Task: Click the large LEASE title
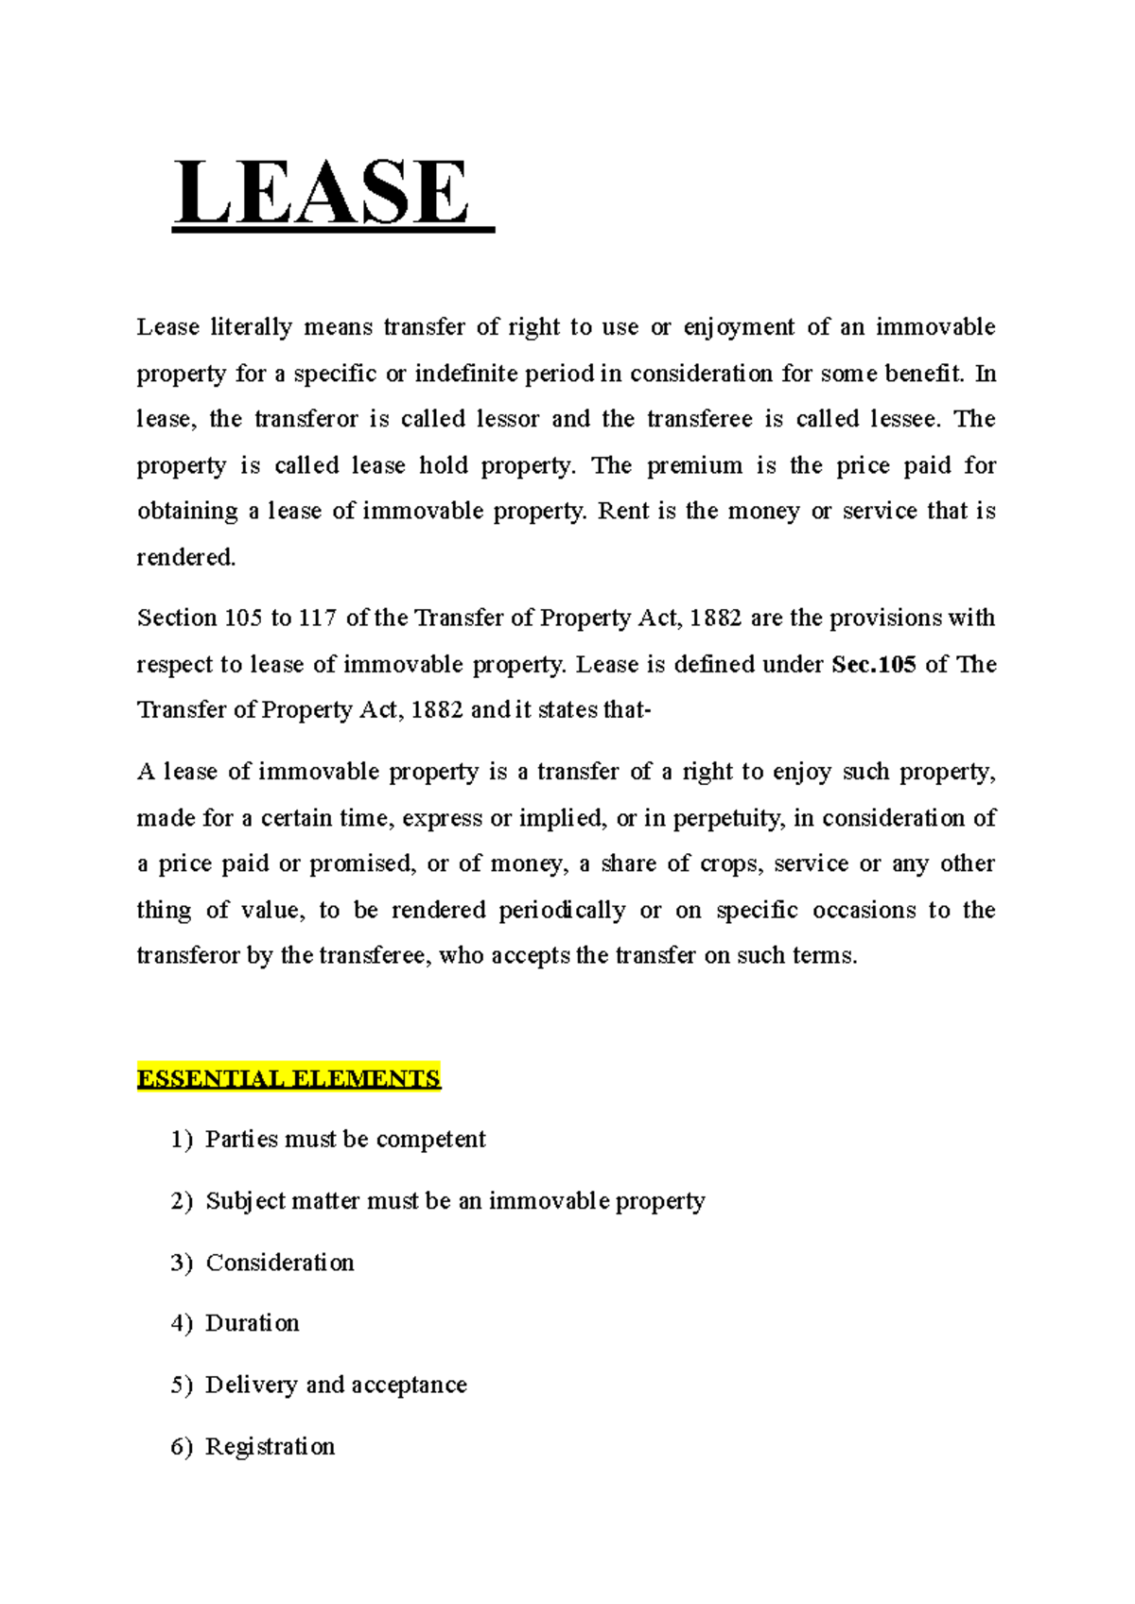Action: point(322,194)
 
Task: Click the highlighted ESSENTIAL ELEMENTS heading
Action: point(288,1079)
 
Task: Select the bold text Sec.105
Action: point(874,665)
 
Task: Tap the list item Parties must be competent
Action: point(345,1140)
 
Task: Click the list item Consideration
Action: point(280,1264)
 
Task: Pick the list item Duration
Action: point(253,1323)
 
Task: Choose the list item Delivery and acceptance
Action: point(336,1386)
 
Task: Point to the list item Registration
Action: point(271,1447)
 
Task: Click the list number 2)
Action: point(182,1201)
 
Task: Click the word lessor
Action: point(508,419)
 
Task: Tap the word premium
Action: point(694,465)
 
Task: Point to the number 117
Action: point(318,619)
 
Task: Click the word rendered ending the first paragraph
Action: point(185,558)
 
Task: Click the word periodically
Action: point(562,910)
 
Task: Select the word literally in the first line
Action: point(251,327)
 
